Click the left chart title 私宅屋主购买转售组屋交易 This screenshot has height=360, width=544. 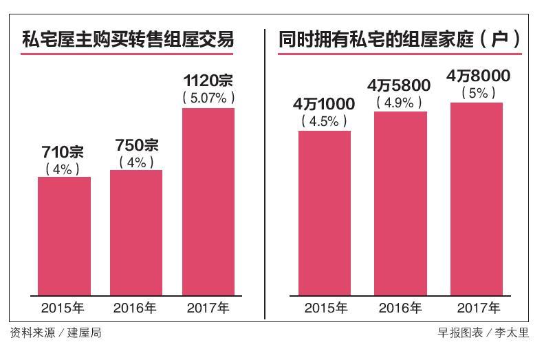[128, 39]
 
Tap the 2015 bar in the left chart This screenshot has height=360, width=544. [64, 235]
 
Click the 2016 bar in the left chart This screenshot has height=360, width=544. [136, 232]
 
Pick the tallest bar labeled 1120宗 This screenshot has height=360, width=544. [208, 201]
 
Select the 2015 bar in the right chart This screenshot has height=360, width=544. [325, 213]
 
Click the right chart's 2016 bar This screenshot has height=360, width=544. [400, 203]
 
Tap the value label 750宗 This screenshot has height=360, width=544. [136, 146]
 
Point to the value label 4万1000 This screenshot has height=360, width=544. [324, 105]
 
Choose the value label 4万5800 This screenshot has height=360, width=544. [400, 86]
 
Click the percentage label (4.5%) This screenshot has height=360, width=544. [324, 121]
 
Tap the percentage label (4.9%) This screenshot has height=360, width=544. [400, 103]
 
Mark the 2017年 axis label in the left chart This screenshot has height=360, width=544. [208, 308]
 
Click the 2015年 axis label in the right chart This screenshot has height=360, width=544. [325, 308]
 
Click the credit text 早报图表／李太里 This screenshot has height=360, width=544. [483, 333]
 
